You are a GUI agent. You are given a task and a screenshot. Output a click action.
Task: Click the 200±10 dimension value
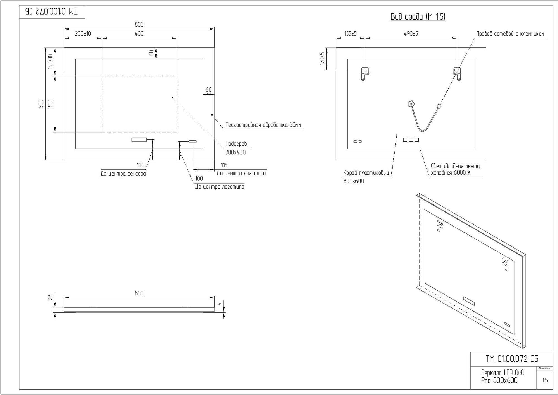point(83,34)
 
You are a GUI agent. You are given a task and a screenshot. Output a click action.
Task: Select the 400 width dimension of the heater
point(139,34)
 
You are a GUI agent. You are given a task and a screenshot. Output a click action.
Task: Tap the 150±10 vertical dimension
point(50,61)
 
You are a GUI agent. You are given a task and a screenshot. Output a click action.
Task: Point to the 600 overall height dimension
point(41,104)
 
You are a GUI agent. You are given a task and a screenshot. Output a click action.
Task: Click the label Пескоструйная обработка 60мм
point(263,125)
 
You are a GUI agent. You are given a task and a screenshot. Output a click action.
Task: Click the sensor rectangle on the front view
point(139,139)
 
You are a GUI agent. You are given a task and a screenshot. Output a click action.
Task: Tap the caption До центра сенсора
point(123,174)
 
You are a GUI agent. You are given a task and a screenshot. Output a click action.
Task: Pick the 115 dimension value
point(224,165)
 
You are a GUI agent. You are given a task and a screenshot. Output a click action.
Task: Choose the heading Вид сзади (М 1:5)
point(418,17)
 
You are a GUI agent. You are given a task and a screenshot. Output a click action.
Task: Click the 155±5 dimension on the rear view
point(350,34)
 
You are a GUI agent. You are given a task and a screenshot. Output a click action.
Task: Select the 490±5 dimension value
point(411,34)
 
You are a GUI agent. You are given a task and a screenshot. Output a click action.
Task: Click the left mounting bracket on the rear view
point(364,73)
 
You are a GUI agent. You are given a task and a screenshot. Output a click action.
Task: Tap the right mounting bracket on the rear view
point(457,73)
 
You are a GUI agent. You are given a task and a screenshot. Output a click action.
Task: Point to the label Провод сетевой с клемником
point(510,34)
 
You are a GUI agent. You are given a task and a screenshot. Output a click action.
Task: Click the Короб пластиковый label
point(366,173)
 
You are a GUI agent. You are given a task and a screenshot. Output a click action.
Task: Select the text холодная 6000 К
point(451,173)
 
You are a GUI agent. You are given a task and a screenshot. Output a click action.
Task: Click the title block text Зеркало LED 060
point(502,373)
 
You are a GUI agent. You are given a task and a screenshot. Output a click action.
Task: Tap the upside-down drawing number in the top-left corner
point(52,11)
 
